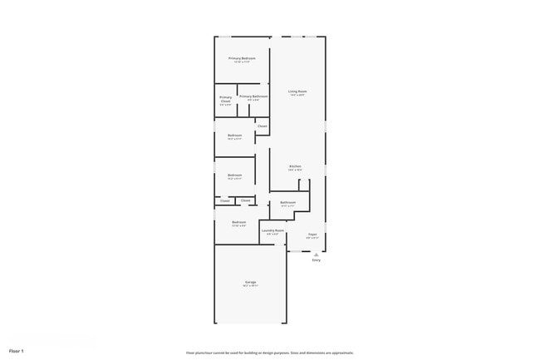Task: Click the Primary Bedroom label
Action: (x=242, y=58)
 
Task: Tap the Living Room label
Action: (x=297, y=91)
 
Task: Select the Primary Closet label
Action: (x=225, y=99)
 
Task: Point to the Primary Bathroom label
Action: (x=253, y=96)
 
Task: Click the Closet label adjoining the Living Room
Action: (x=262, y=126)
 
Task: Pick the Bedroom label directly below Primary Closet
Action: (x=234, y=136)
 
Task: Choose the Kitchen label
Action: (x=295, y=166)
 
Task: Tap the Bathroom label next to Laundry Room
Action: (x=288, y=202)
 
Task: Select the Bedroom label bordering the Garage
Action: (x=238, y=222)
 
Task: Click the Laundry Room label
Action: (x=272, y=230)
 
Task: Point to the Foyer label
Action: (x=312, y=234)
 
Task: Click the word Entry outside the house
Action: (x=316, y=260)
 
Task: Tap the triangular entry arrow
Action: (x=316, y=254)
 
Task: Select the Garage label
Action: (x=250, y=282)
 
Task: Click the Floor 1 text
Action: (x=17, y=351)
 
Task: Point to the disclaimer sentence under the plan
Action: (x=269, y=353)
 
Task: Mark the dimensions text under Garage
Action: (x=250, y=286)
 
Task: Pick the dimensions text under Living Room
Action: (x=297, y=95)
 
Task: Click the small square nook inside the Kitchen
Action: (x=304, y=185)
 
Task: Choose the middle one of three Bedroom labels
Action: (x=234, y=175)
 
